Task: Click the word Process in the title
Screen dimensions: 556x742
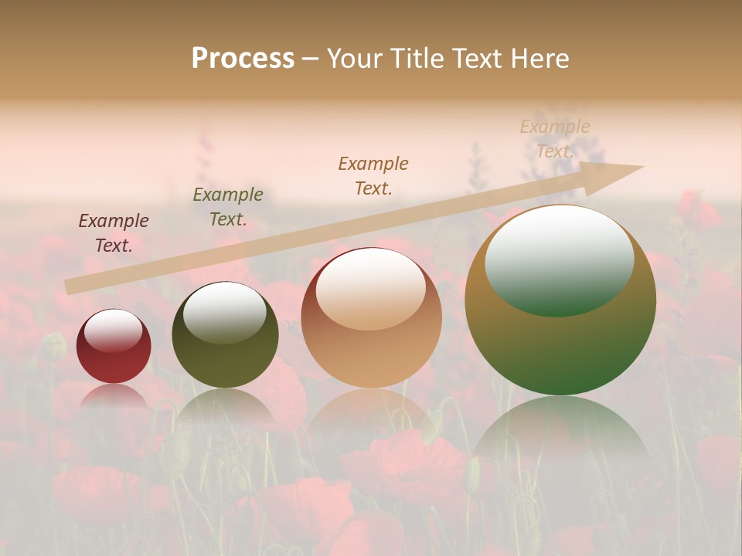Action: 243,59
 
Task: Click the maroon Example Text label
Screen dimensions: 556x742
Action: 114,232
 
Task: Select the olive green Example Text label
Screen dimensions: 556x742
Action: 228,206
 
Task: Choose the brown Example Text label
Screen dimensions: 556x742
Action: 373,175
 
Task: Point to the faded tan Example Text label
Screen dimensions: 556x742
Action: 555,139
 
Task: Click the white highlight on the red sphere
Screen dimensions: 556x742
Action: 114,331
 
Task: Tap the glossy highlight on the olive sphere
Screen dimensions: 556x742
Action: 224,312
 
